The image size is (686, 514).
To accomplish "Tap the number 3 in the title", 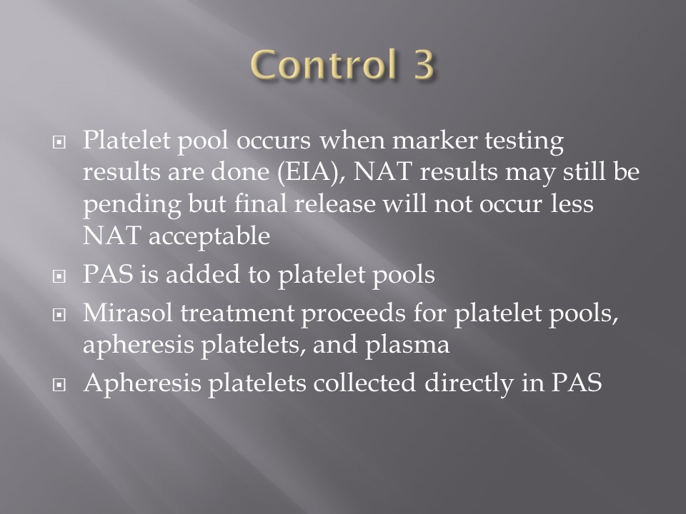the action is tap(422, 65).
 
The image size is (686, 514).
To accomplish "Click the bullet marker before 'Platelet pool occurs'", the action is tap(59, 141).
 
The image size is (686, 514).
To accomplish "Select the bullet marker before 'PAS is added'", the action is tap(59, 276).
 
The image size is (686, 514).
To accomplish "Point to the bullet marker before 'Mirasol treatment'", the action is tap(59, 315).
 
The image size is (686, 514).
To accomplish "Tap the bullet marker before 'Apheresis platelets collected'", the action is tap(59, 384).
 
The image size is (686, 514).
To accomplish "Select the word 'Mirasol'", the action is tap(128, 313).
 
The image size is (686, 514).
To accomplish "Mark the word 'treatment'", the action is tap(237, 313).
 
